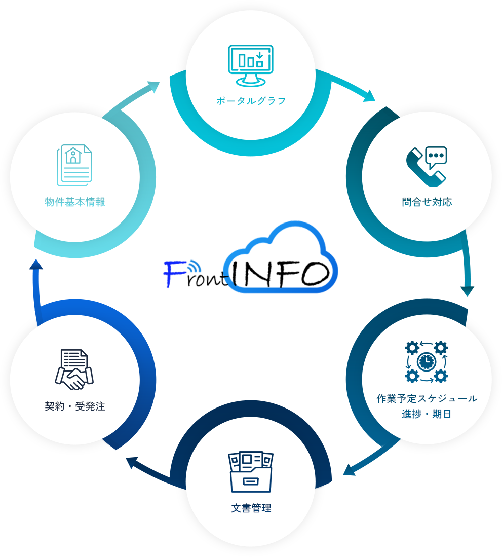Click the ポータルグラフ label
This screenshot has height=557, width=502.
point(251,101)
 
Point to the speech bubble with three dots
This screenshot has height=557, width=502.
point(437,156)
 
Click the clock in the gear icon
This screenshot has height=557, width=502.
point(426,361)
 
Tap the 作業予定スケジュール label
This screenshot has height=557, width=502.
point(427,398)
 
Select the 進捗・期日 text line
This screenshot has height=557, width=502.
point(427,414)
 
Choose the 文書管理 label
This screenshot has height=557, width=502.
point(251,508)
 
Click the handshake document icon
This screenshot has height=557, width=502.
point(74,369)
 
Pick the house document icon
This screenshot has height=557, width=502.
point(74,165)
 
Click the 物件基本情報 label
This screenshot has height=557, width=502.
point(75,202)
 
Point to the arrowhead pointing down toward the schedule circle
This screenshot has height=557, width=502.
point(467,291)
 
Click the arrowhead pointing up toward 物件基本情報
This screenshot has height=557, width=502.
point(36,266)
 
